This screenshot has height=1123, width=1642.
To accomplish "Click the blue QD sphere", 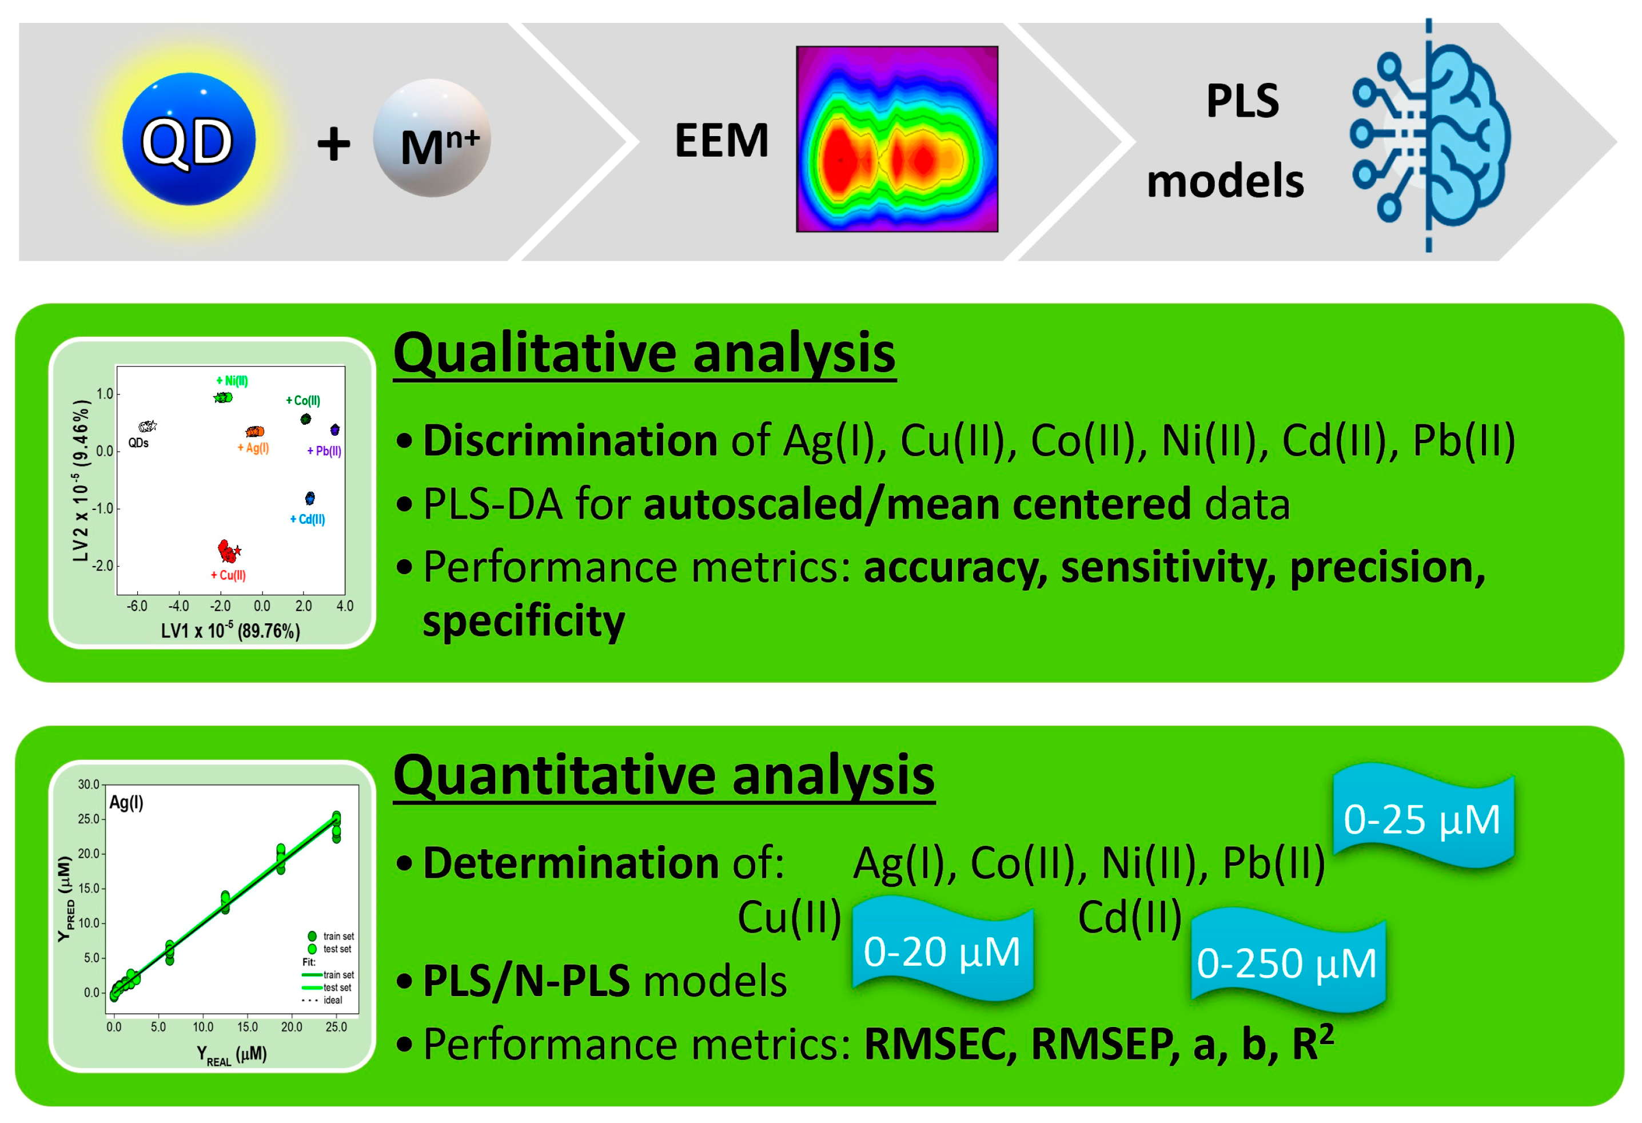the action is [x=189, y=139].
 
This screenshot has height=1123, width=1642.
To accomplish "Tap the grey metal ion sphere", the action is [x=432, y=138].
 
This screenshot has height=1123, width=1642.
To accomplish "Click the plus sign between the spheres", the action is [x=333, y=144].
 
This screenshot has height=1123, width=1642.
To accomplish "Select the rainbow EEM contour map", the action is [x=896, y=139].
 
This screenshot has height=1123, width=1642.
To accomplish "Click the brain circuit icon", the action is [x=1430, y=135].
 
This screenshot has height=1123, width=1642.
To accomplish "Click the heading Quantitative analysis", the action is [x=664, y=775].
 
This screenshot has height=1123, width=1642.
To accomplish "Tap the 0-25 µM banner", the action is [x=1423, y=818].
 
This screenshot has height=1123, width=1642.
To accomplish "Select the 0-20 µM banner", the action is [x=943, y=950].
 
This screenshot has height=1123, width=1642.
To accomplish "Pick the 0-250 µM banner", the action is [x=1288, y=962].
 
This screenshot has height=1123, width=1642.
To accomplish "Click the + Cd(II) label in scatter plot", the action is [x=308, y=519].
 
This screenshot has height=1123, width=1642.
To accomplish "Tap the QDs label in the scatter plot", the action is [x=138, y=443].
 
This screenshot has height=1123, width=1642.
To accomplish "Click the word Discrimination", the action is [x=570, y=440].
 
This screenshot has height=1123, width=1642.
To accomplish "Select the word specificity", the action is [x=524, y=621].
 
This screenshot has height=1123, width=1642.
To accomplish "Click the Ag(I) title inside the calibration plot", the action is [x=126, y=802].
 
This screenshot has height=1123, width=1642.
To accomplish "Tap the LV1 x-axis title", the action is [x=230, y=631].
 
